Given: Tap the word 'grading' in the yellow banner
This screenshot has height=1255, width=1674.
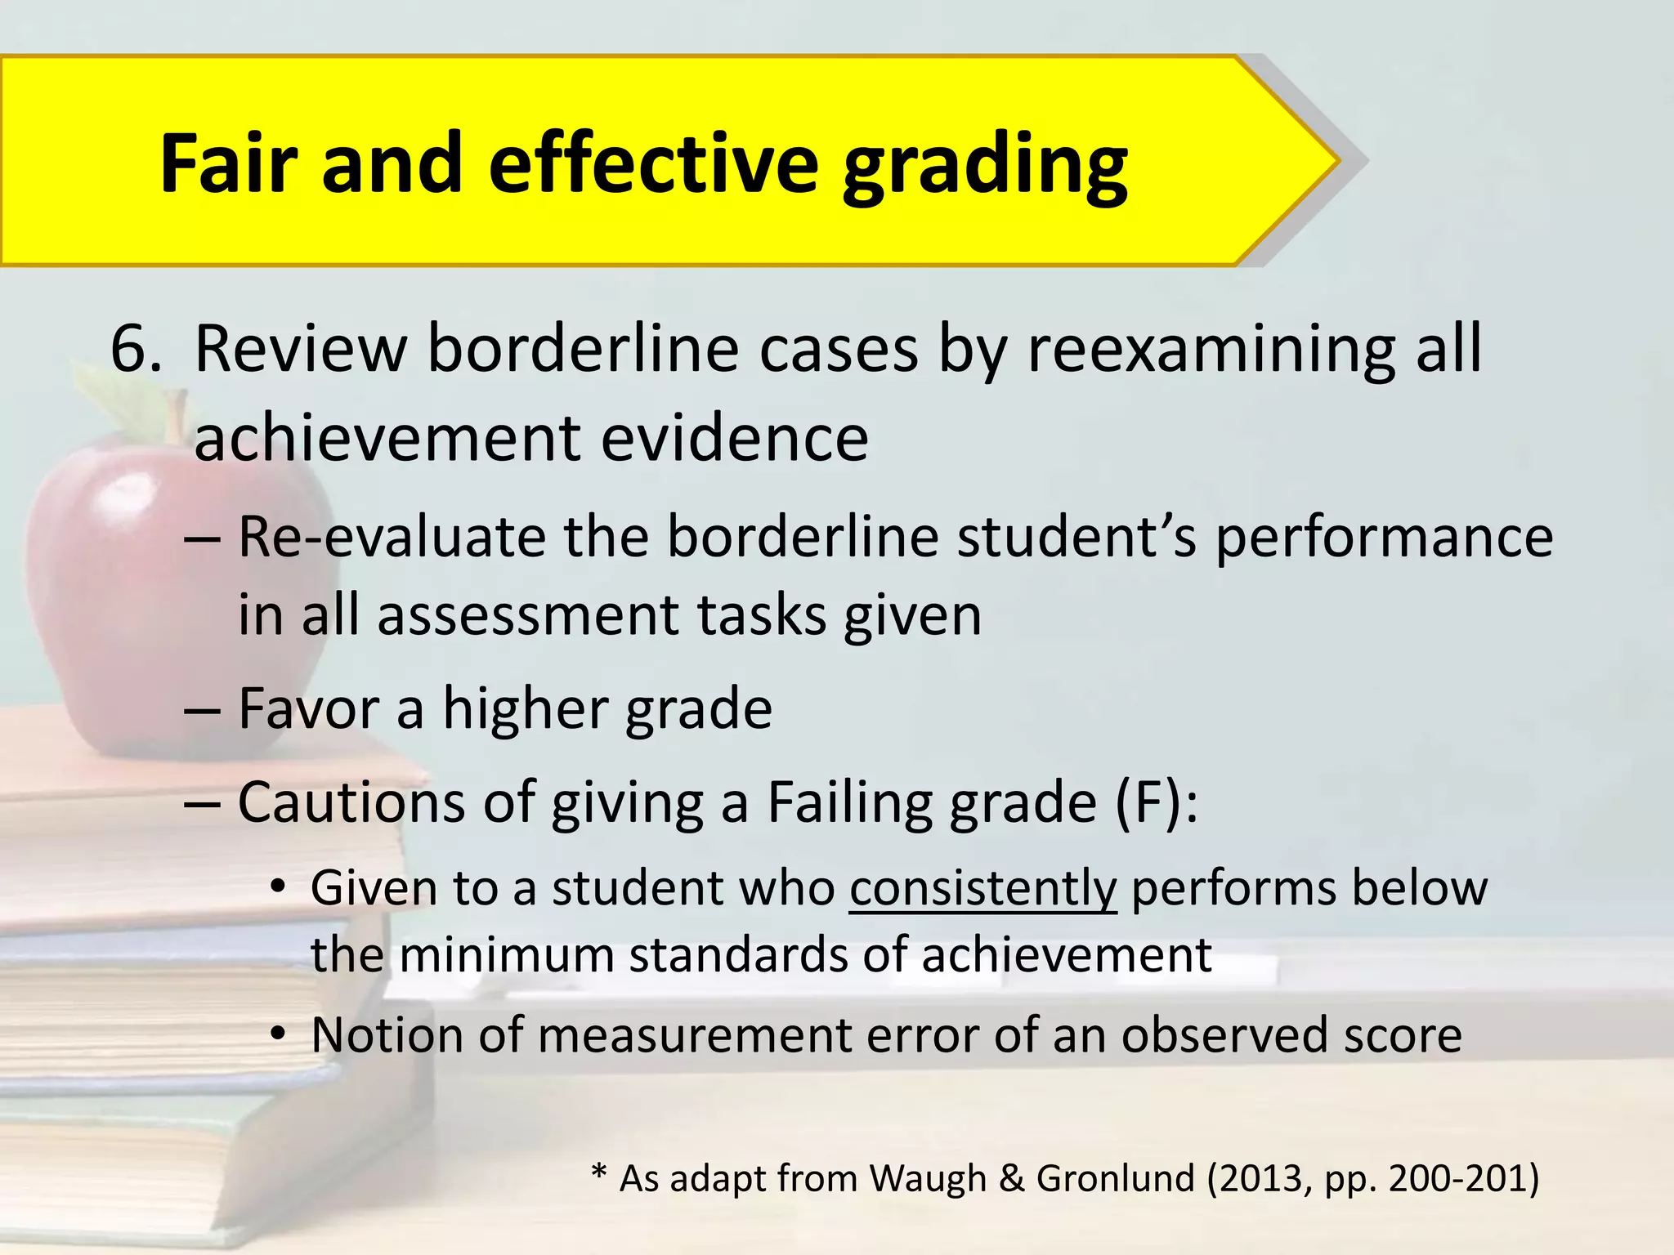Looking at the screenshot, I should (x=984, y=167).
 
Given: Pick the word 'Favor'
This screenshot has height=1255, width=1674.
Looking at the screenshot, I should (x=307, y=708).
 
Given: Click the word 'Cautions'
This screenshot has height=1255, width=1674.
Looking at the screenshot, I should (x=352, y=802).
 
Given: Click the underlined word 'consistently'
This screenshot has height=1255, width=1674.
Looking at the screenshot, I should (x=982, y=889).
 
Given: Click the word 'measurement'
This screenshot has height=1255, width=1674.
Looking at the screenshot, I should (x=696, y=1035).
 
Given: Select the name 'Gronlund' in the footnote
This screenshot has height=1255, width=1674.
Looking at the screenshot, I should (x=1115, y=1178).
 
